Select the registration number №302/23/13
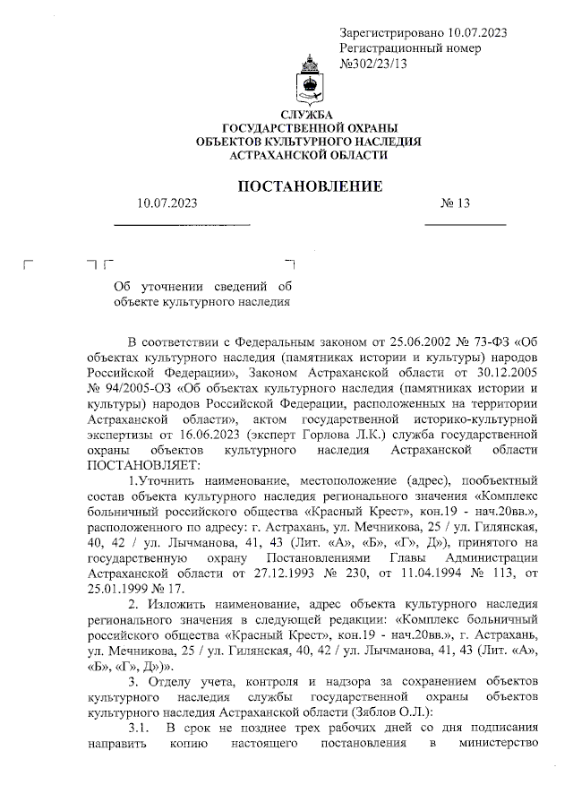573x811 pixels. point(374,63)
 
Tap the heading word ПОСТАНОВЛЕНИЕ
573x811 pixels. point(309,186)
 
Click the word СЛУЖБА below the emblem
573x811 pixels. point(306,116)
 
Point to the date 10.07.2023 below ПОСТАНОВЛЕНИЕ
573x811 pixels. point(167,203)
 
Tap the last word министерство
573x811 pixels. point(497,745)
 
